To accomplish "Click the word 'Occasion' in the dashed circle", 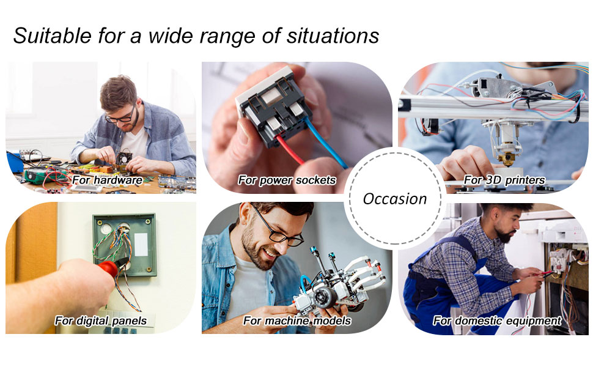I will coord(394,199).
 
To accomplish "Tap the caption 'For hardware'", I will coord(107,180).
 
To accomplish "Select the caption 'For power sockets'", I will coord(287,180).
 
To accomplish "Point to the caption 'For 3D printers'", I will coord(504,180).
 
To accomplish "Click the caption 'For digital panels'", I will coord(100,320).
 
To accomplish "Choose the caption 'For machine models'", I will coord(296,321).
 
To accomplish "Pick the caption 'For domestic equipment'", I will coord(496,321).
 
